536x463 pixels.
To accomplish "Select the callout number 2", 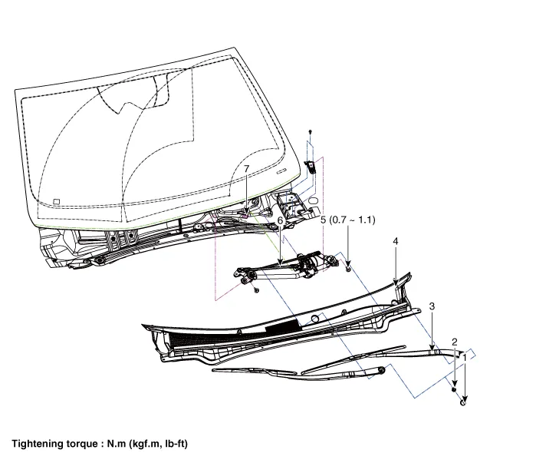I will [455, 342].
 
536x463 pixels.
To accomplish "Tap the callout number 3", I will [432, 306].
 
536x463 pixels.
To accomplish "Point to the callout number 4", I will [396, 241].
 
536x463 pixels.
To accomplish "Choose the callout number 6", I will [281, 220].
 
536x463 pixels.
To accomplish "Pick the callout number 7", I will [246, 168].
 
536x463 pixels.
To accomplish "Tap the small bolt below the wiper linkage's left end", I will [257, 290].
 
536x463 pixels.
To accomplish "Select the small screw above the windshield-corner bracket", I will [310, 133].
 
